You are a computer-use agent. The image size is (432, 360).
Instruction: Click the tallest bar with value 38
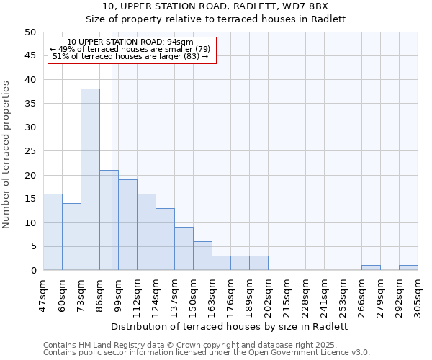pyautogui.click(x=90, y=179)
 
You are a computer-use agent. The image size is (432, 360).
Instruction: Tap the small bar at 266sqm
pyautogui.click(x=371, y=268)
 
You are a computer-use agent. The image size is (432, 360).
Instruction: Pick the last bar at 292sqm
pyautogui.click(x=408, y=268)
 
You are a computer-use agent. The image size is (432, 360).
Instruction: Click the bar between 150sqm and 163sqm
pyautogui.click(x=202, y=256)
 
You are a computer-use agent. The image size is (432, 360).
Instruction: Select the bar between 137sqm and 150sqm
pyautogui.click(x=184, y=248)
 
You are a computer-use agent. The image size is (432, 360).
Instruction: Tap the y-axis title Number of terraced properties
pyautogui.click(x=7, y=155)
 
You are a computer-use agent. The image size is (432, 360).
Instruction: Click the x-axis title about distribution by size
pyautogui.click(x=230, y=326)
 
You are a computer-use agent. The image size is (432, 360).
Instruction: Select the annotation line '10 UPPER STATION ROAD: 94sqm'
pyautogui.click(x=131, y=42)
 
